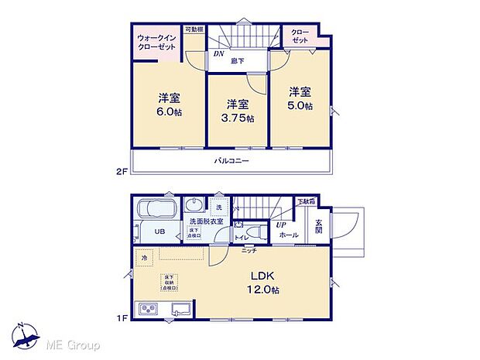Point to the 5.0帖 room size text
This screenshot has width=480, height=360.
[x=301, y=105]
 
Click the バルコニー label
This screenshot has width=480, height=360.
[x=231, y=161]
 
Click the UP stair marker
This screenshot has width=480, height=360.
[x=282, y=225]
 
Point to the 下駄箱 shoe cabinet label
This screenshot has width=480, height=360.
[x=306, y=202]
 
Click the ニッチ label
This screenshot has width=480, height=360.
[x=249, y=251]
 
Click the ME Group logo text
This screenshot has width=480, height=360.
[x=75, y=344]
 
